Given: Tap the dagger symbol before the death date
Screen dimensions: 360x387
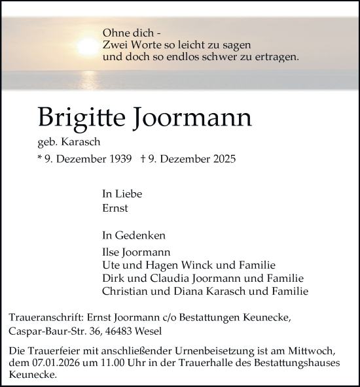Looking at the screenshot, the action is click(142, 159).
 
